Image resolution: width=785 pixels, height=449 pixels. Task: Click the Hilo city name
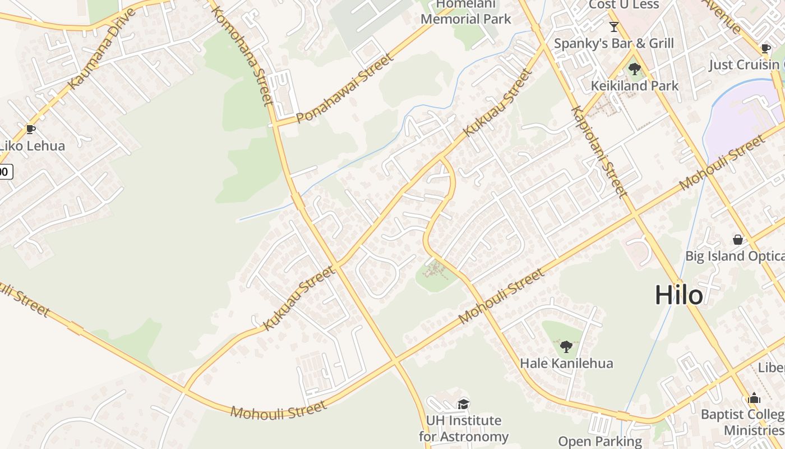[678, 295]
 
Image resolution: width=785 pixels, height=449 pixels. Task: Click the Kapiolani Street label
[598, 152]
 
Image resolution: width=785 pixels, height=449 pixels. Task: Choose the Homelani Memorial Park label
[465, 12]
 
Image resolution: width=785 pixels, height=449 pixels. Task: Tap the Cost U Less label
[624, 5]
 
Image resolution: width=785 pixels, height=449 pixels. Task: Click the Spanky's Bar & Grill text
[614, 43]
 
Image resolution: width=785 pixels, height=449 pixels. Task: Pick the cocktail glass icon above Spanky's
[614, 27]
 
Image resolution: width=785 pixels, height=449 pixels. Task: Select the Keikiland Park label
[635, 86]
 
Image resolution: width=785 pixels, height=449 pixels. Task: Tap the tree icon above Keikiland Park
[635, 70]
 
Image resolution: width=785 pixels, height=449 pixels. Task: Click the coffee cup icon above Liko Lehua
[31, 130]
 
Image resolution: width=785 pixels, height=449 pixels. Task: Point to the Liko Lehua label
[33, 146]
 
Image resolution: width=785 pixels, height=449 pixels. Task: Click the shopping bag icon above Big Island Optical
[738, 240]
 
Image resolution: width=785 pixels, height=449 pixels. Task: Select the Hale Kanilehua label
[566, 363]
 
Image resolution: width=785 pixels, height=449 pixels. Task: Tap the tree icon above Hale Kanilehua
[566, 346]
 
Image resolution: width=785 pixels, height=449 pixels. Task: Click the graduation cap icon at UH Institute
[463, 404]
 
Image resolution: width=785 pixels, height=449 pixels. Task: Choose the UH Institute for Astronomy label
[463, 428]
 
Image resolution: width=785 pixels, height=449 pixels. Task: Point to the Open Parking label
[599, 442]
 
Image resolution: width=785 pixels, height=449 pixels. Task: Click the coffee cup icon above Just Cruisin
[766, 48]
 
